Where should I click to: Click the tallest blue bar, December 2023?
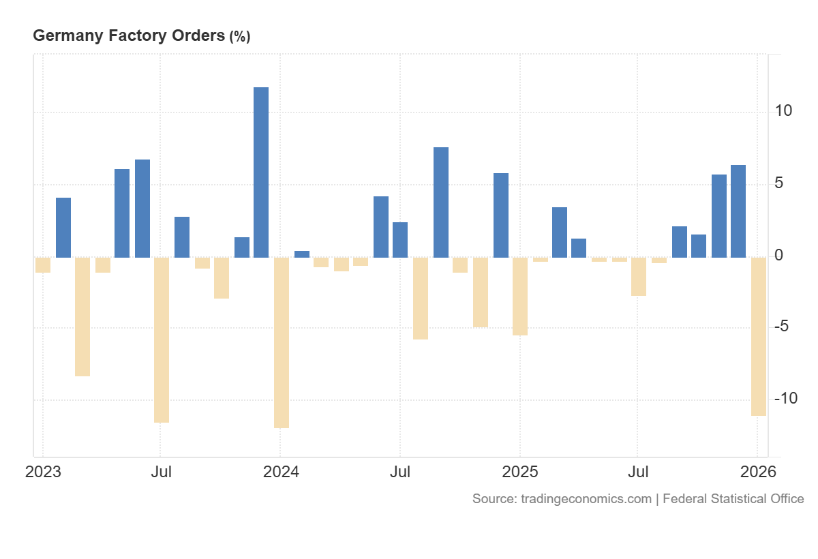(261, 172)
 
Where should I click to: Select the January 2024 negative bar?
(282, 342)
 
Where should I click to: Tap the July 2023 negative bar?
(162, 339)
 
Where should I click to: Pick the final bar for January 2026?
(759, 336)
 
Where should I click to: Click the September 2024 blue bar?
(441, 202)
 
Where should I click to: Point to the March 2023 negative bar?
(82, 316)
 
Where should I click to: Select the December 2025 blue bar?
(738, 211)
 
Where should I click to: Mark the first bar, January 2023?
(43, 265)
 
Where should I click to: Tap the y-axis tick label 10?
(783, 110)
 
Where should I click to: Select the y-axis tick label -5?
(782, 326)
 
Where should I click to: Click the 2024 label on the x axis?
(281, 472)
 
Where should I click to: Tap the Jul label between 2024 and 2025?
(400, 472)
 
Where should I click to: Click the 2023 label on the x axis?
(43, 472)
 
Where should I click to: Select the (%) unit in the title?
(239, 37)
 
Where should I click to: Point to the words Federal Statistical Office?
(733, 499)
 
